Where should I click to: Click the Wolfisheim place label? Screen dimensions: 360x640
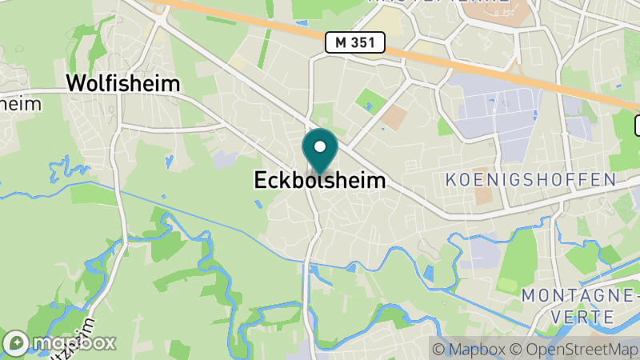pyautogui.click(x=123, y=83)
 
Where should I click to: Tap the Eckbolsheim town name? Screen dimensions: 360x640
pyautogui.click(x=319, y=181)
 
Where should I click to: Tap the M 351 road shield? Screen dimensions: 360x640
pyautogui.click(x=355, y=42)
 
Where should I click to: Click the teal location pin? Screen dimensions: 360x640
pyautogui.click(x=320, y=151)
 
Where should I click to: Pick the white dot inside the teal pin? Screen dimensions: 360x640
pyautogui.click(x=320, y=146)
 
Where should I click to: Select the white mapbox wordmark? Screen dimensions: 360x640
pyautogui.click(x=75, y=342)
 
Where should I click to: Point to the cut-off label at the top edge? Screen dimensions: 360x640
pyautogui.click(x=438, y=2)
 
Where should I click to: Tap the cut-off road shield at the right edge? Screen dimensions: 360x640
pyautogui.click(x=638, y=125)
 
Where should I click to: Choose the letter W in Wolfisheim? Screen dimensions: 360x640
pyautogui.click(x=76, y=83)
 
